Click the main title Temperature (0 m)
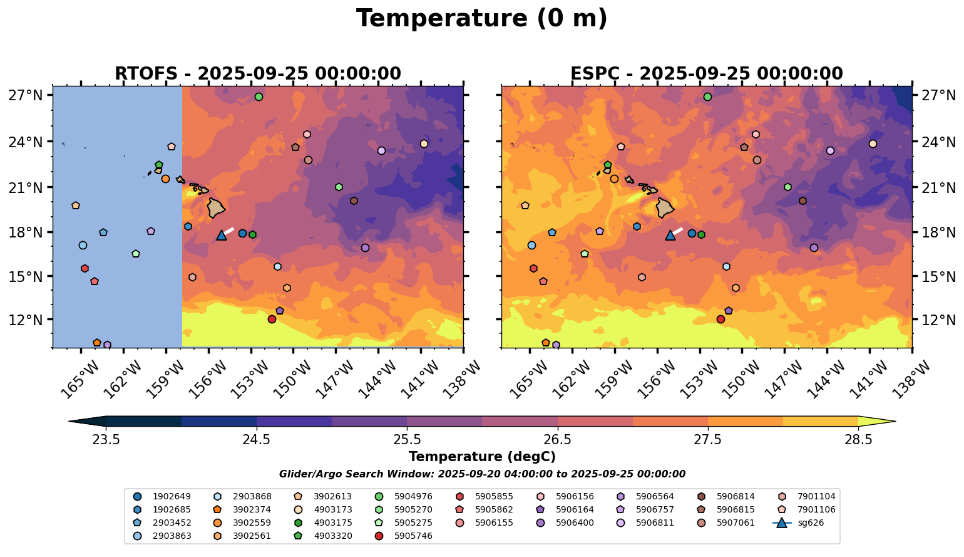pyautogui.click(x=481, y=19)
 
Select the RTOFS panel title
pyautogui.click(x=257, y=73)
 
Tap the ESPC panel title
pyautogui.click(x=706, y=73)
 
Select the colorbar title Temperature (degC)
pyautogui.click(x=481, y=457)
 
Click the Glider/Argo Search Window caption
pyautogui.click(x=481, y=474)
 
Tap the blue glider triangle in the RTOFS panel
pyautogui.click(x=221, y=236)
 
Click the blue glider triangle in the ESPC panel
pyautogui.click(x=670, y=236)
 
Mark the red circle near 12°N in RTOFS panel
pyautogui.click(x=272, y=319)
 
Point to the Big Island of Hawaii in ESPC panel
pyautogui.click(x=665, y=207)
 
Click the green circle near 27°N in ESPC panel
pyautogui.click(x=707, y=96)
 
